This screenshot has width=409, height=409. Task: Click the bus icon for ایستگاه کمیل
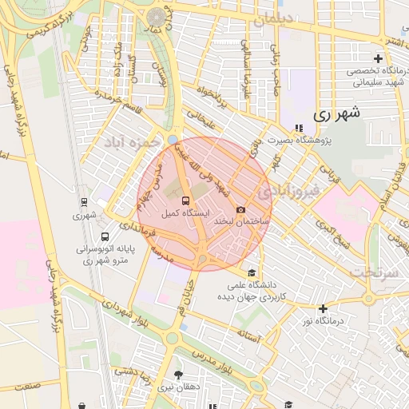186,201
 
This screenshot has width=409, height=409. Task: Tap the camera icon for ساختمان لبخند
240,209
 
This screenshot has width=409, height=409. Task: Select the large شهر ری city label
336,114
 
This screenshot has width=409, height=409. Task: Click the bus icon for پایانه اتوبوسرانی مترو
105,236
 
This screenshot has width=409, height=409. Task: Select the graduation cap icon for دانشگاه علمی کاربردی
253,273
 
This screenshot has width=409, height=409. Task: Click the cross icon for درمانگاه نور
323,308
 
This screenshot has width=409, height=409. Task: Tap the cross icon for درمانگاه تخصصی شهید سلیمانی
379,58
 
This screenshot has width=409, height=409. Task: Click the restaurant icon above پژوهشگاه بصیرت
299,128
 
